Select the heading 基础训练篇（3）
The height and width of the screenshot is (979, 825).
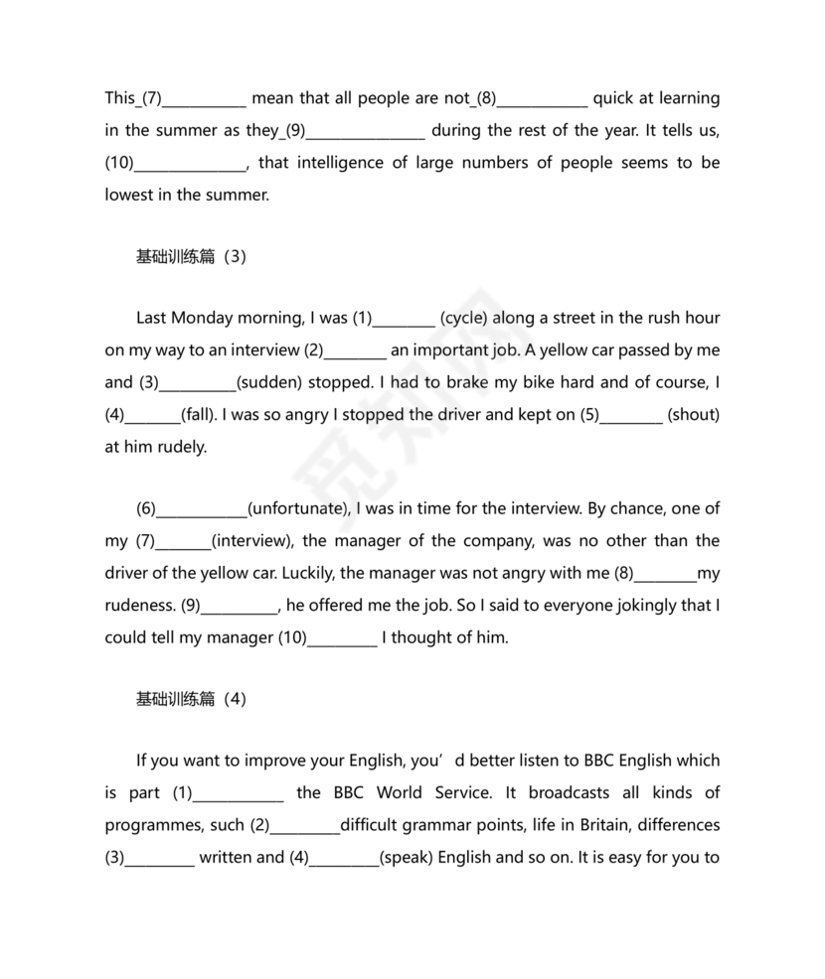[190, 256]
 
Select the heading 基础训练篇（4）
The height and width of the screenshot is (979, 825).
[190, 698]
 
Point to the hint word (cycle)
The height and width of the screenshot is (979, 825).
[463, 318]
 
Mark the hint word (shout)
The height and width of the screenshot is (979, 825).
[694, 414]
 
